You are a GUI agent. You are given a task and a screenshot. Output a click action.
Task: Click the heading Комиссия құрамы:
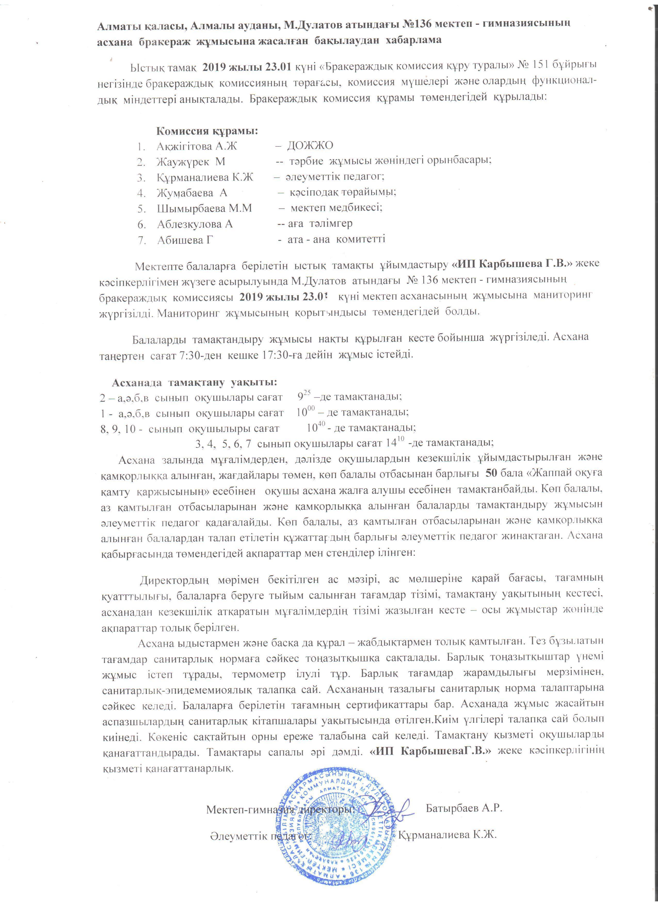coord(207,131)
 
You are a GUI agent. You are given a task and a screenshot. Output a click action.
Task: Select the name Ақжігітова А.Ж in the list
coord(197,146)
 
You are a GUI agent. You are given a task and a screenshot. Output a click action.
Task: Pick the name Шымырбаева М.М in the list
coord(204,208)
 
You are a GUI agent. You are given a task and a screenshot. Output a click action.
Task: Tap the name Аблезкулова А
coord(195,224)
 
